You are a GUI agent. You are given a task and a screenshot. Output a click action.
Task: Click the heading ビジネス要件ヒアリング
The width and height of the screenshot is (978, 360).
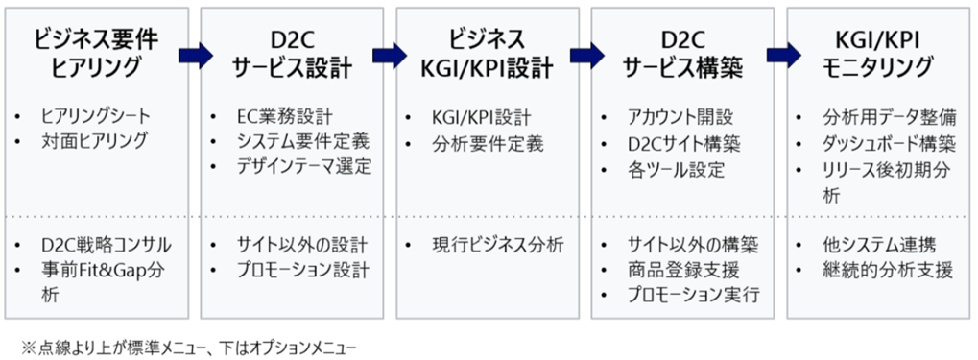95,53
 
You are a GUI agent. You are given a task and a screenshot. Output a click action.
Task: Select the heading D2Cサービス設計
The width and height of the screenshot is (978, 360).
291,53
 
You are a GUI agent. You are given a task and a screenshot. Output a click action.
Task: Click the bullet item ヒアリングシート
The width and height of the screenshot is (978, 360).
95,117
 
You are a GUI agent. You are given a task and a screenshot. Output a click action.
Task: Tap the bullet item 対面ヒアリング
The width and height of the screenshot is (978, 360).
94,141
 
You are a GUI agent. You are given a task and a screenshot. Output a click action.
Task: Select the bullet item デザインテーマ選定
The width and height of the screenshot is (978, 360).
303,165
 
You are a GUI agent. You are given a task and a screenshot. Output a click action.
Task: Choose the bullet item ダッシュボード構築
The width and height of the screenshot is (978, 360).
888,144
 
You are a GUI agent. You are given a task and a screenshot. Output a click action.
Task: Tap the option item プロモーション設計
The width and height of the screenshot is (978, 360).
302,271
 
